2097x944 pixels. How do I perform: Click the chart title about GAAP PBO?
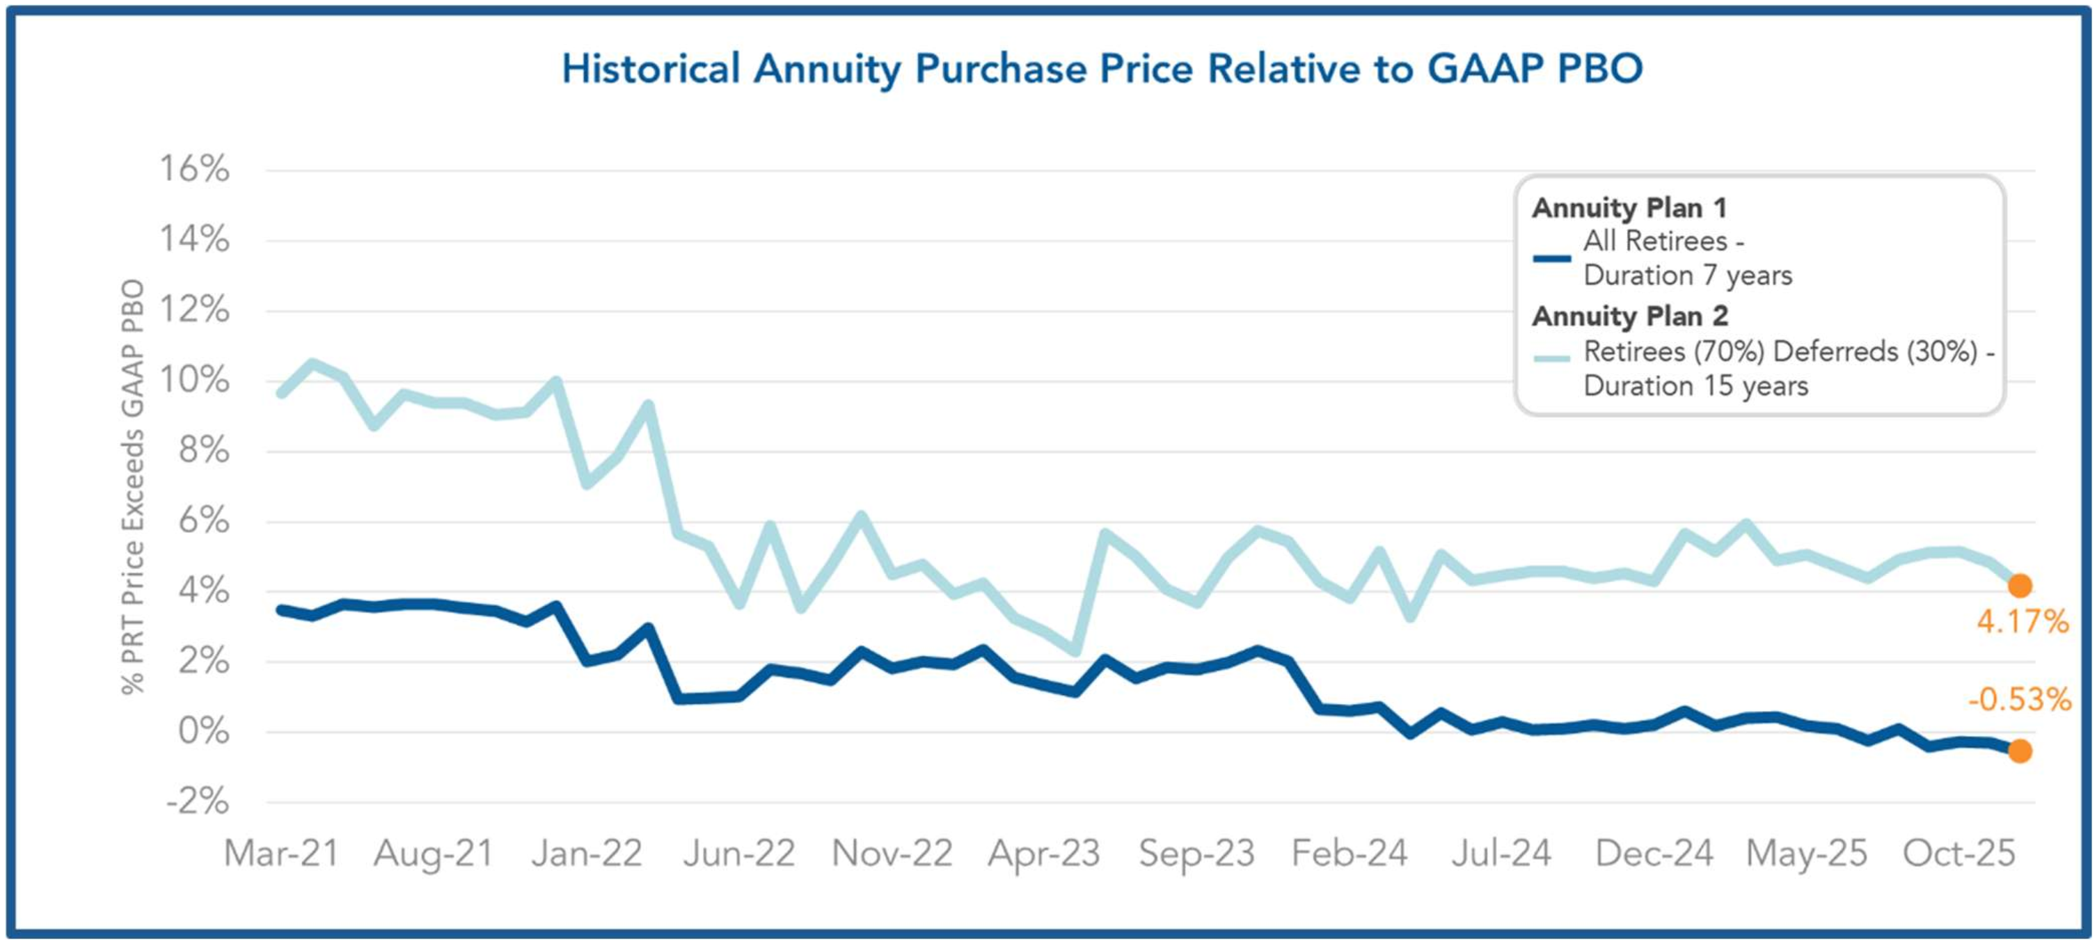pos(1102,68)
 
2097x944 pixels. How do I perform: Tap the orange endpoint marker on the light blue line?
pos(2020,586)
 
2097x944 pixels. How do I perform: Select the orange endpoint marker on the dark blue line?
pos(2020,751)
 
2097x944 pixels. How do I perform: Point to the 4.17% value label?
pos(2022,623)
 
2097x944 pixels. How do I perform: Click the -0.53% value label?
pos(2020,699)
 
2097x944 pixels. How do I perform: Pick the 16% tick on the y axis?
pos(195,169)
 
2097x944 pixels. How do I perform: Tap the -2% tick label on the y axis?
pos(198,802)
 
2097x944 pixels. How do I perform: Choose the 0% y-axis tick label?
pos(205,732)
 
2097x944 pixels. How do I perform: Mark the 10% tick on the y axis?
pos(195,380)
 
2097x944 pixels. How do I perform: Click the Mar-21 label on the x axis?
pos(281,854)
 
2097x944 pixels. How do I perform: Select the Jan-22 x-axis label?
pos(587,854)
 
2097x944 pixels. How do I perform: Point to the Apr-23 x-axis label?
pos(1043,854)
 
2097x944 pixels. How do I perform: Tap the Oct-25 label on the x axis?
pos(1958,854)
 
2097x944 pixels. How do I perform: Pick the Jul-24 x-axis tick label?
pos(1501,854)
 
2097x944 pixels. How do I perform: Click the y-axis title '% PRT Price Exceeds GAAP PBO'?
pos(133,487)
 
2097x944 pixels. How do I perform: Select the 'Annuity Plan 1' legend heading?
pos(1629,208)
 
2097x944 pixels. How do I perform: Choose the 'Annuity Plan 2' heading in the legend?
pos(1630,316)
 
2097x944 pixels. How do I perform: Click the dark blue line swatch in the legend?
pos(1551,259)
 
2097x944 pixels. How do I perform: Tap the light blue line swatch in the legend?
pos(1551,358)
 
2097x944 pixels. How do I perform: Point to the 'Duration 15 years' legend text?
pos(1695,385)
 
